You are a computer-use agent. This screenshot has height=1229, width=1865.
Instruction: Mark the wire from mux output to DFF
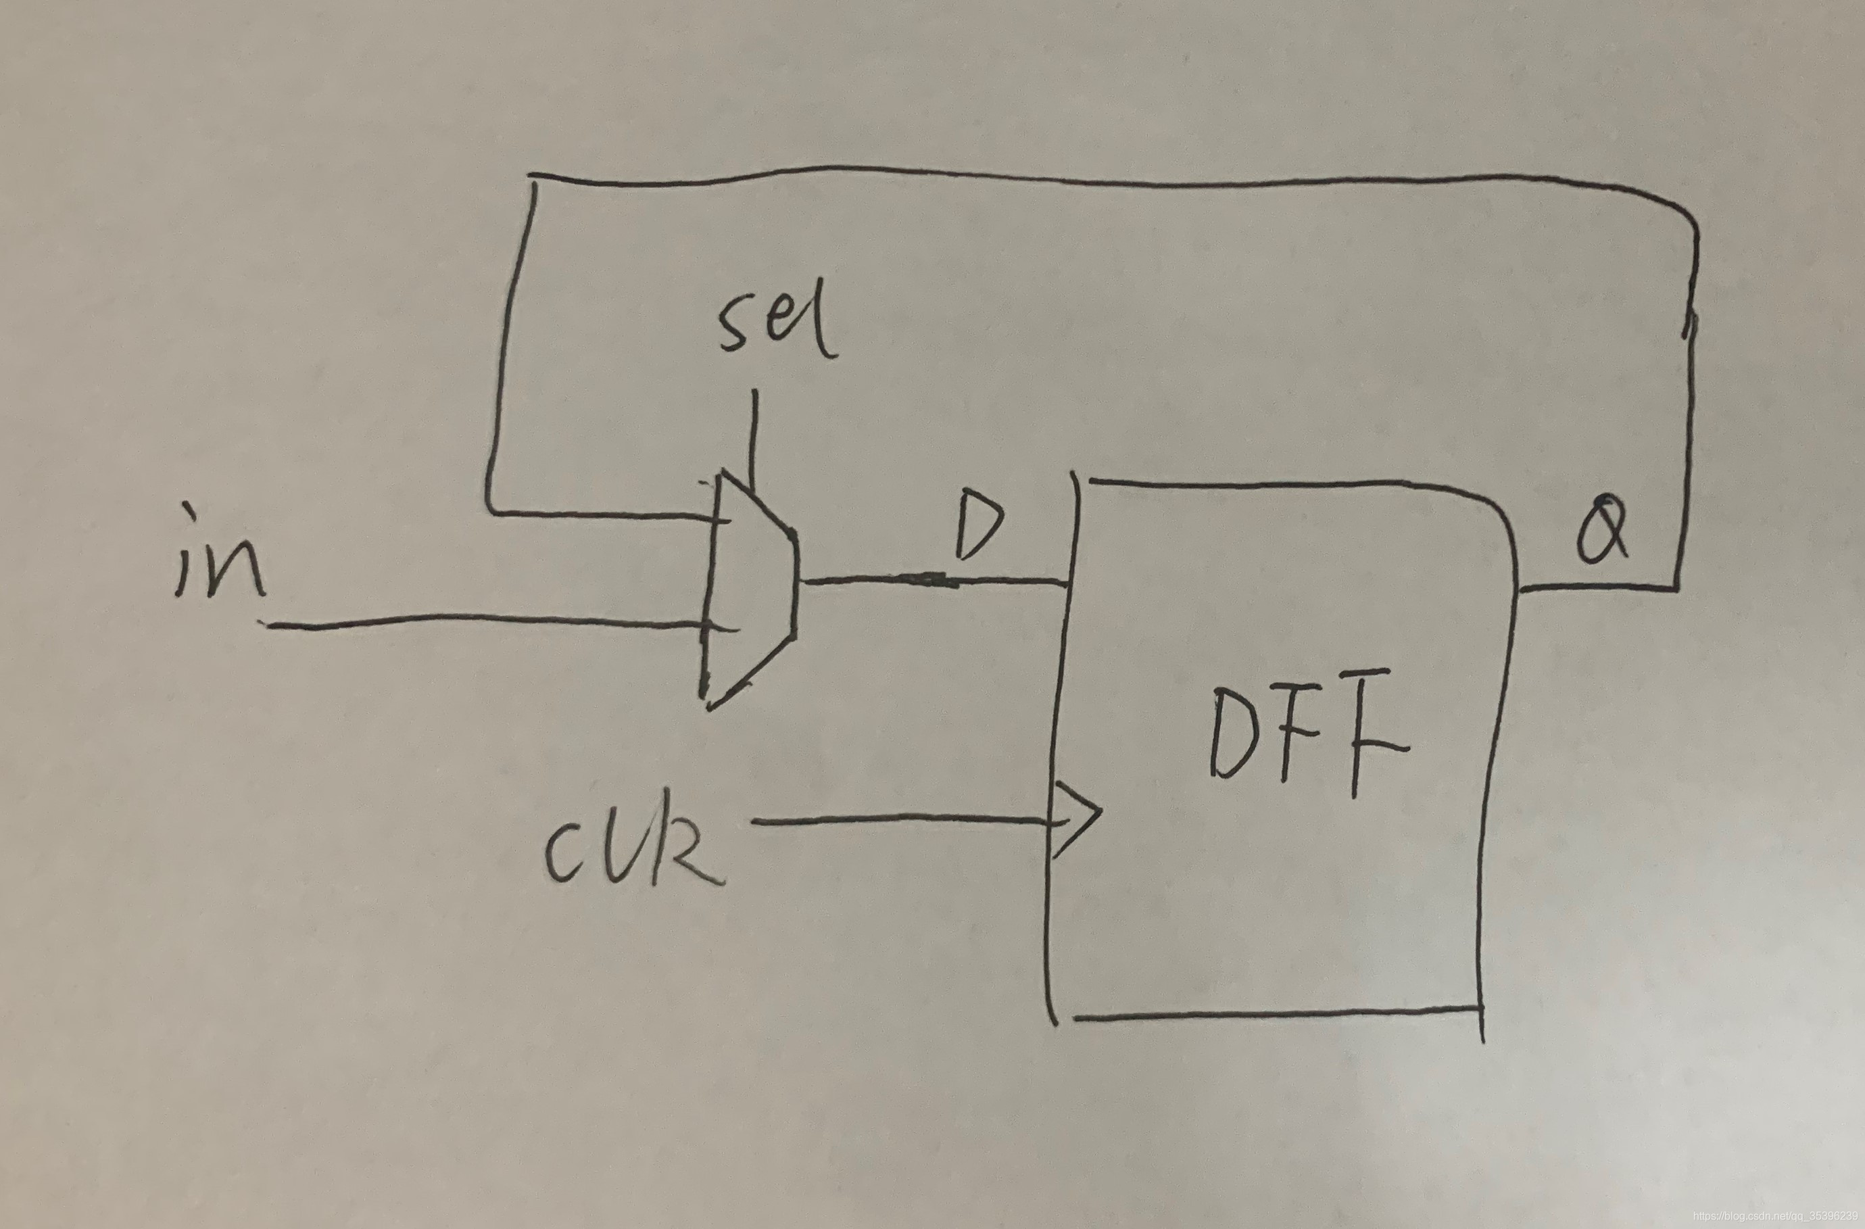pos(933,580)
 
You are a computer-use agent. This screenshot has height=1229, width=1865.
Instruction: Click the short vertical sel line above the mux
pos(754,435)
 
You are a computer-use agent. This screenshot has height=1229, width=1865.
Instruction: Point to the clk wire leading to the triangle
pos(901,820)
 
